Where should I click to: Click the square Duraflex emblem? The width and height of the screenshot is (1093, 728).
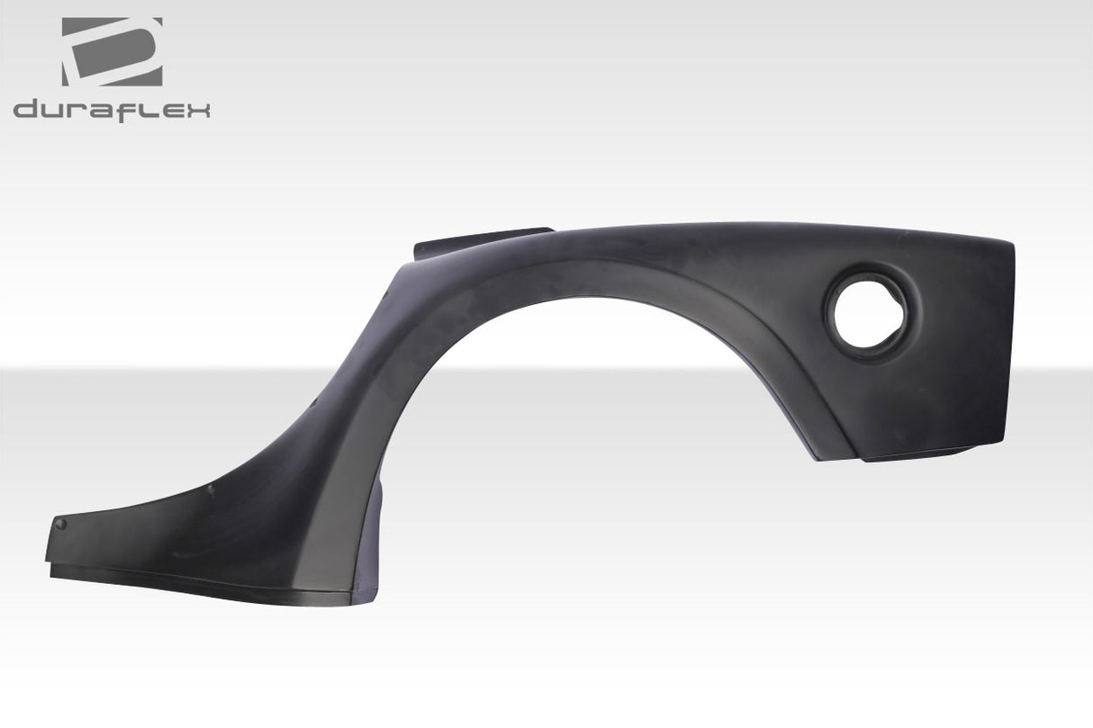click(x=112, y=51)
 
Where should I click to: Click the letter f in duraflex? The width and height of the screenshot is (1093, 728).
click(x=126, y=110)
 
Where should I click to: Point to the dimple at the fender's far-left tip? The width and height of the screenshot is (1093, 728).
click(x=60, y=524)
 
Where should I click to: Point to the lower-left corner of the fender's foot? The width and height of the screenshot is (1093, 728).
click(x=50, y=560)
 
